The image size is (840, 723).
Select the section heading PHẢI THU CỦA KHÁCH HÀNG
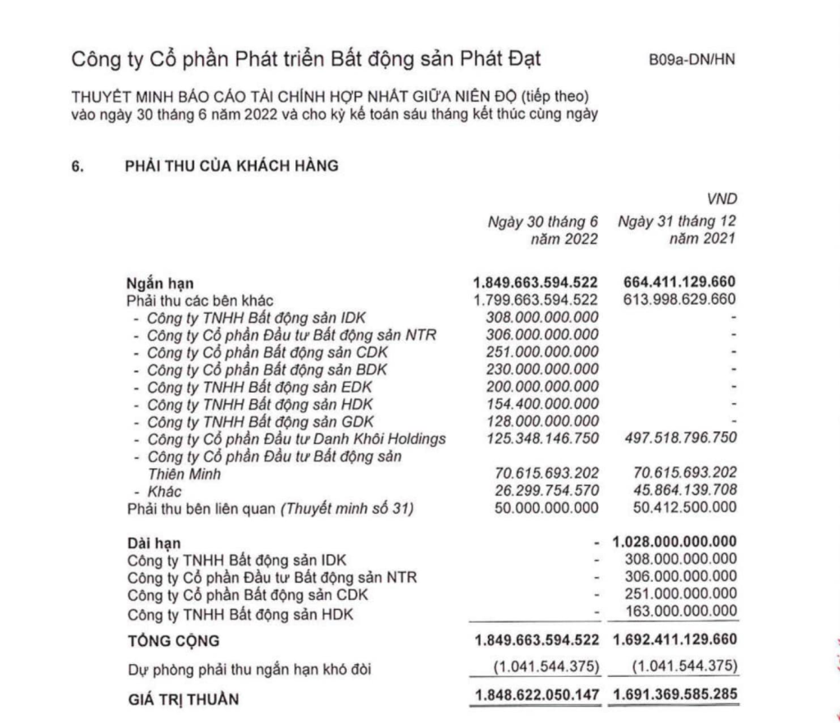(231, 166)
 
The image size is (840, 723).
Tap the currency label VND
(722, 199)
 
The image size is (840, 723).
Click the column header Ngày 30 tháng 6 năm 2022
(543, 230)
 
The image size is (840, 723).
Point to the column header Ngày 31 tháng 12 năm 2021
(678, 230)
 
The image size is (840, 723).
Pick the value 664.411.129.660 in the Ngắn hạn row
(675, 284)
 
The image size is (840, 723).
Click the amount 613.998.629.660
(675, 300)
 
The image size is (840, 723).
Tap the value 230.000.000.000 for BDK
(542, 370)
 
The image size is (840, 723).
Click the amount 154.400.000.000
(542, 404)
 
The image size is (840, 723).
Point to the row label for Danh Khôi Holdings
(296, 439)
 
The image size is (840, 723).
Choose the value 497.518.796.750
(675, 439)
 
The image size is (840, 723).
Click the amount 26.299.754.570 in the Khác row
(542, 491)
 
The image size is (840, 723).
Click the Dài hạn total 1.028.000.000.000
(675, 543)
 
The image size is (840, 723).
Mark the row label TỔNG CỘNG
(174, 640)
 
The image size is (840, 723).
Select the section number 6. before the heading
(80, 166)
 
